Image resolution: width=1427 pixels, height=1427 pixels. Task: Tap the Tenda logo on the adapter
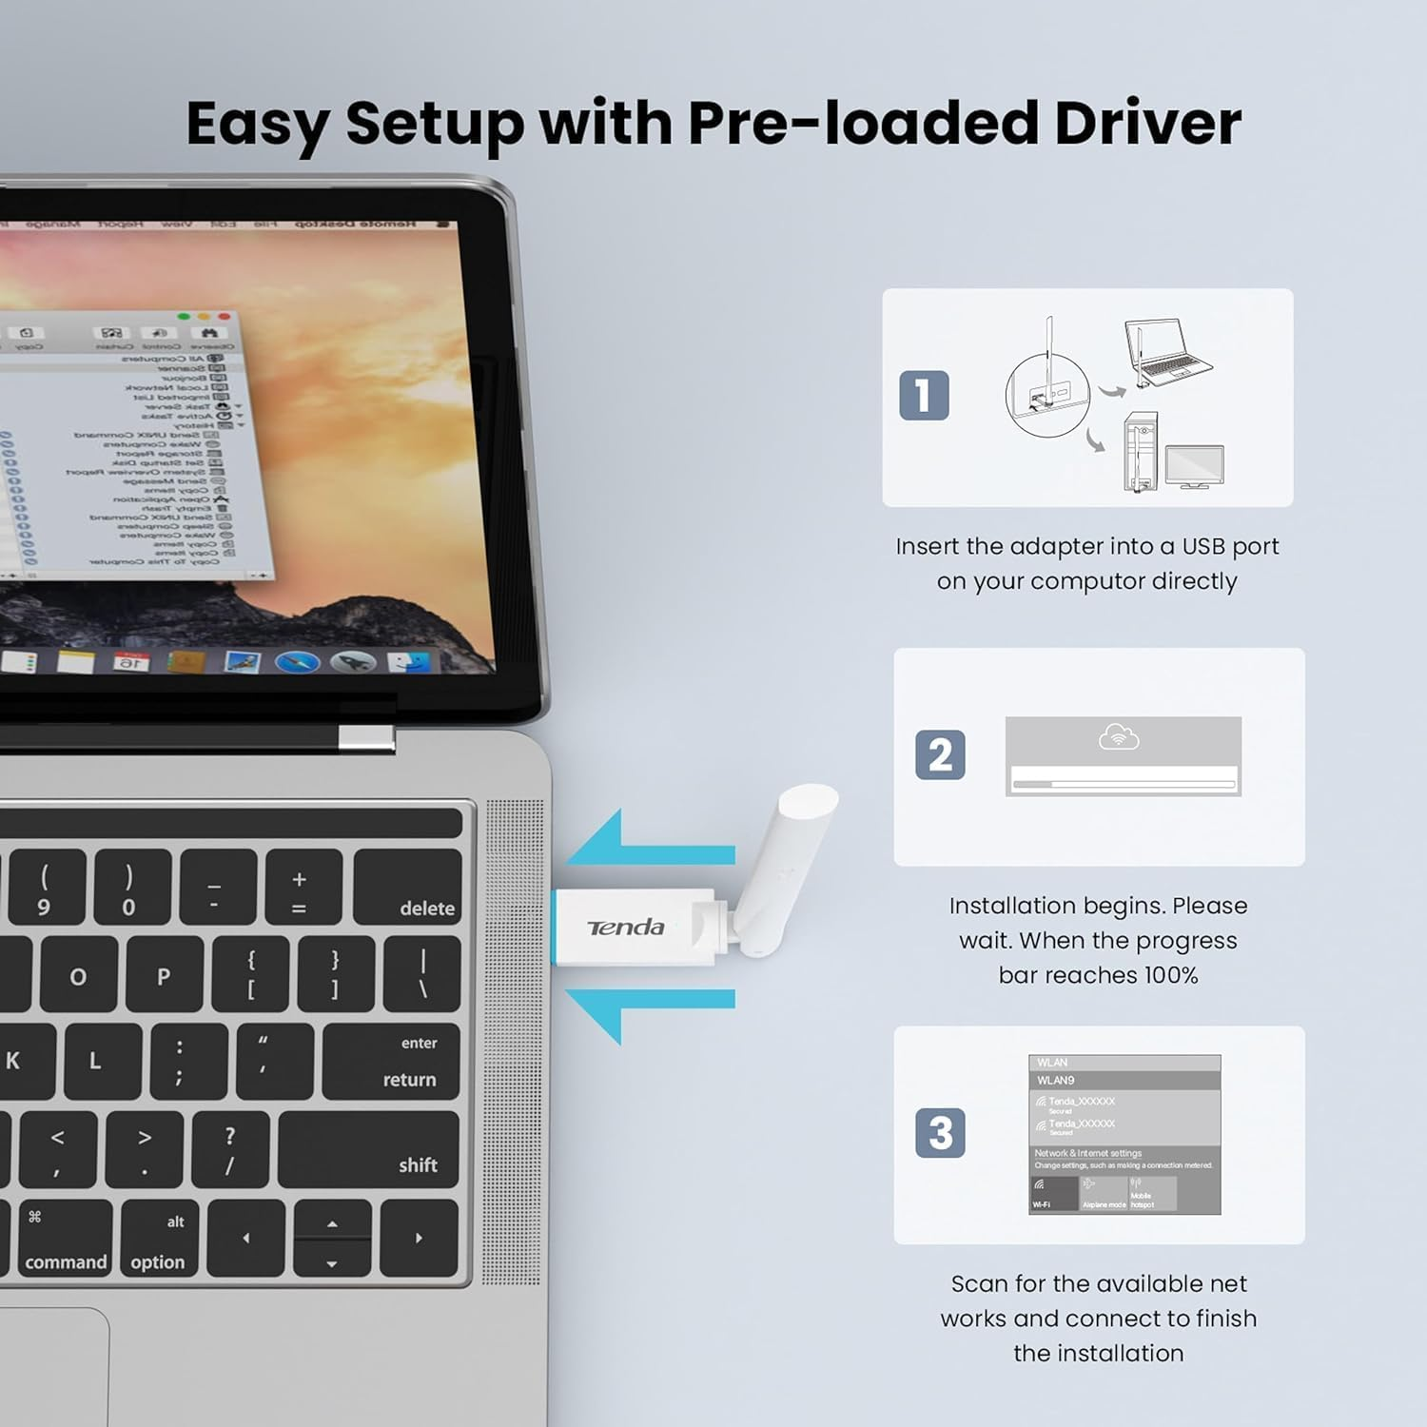click(626, 928)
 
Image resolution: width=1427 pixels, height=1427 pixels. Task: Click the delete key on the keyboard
click(408, 888)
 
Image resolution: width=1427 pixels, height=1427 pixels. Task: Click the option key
click(157, 1239)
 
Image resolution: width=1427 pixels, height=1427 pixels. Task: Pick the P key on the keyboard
click(163, 975)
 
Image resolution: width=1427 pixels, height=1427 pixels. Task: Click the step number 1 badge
click(924, 396)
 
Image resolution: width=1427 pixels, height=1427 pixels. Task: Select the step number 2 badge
click(940, 755)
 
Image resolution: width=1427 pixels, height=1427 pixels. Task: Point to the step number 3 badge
click(940, 1133)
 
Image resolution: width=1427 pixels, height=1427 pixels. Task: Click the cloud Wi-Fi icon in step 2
click(1119, 737)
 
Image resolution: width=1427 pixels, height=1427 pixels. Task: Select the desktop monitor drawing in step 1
click(1195, 465)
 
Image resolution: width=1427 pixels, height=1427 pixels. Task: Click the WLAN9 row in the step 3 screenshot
click(1124, 1081)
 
